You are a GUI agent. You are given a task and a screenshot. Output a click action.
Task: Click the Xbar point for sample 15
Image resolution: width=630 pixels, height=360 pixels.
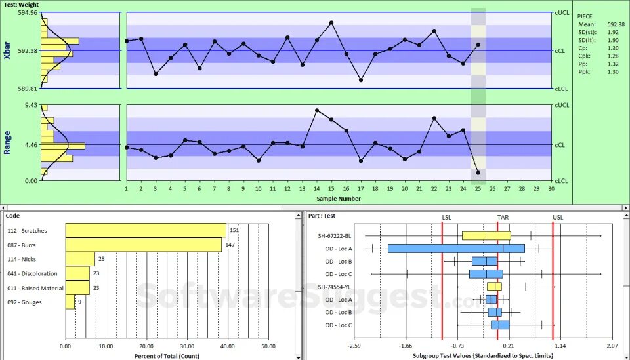(331, 22)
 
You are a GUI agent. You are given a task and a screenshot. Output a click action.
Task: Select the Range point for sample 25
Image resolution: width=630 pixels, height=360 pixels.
(478, 172)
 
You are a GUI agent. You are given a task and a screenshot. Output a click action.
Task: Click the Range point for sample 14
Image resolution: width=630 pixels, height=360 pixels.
(317, 110)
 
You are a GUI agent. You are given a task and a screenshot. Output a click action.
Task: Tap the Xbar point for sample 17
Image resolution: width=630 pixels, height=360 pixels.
(361, 80)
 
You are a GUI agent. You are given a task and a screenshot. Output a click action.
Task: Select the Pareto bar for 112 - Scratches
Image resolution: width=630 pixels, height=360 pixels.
(146, 230)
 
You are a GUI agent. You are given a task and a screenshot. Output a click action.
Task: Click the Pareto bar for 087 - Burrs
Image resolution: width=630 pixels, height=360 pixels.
(144, 245)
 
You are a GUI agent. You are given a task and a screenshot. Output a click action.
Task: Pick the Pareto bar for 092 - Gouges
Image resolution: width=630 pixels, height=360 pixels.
(70, 302)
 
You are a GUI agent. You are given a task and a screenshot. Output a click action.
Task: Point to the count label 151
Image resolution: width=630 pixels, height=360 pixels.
(234, 230)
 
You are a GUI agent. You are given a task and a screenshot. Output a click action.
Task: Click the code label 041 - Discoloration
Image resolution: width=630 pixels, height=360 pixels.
(32, 273)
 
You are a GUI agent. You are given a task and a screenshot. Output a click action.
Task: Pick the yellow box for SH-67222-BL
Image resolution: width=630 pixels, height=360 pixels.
(486, 235)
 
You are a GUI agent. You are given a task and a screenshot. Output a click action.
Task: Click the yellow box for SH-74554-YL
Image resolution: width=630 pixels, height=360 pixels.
(494, 287)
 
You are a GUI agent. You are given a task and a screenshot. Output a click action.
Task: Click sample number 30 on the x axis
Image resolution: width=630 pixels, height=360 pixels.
(551, 189)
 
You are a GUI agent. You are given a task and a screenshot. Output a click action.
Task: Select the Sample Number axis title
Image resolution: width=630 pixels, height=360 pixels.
(338, 198)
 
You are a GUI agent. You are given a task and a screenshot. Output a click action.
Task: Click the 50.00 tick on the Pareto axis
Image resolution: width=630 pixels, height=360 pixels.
(268, 346)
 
